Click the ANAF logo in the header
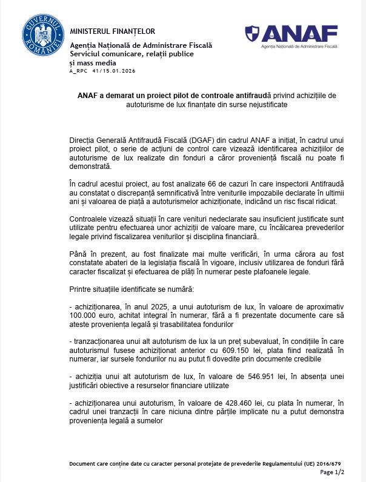[291, 36]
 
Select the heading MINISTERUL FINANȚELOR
[113, 31]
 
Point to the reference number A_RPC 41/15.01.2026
[102, 71]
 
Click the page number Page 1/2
[331, 471]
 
